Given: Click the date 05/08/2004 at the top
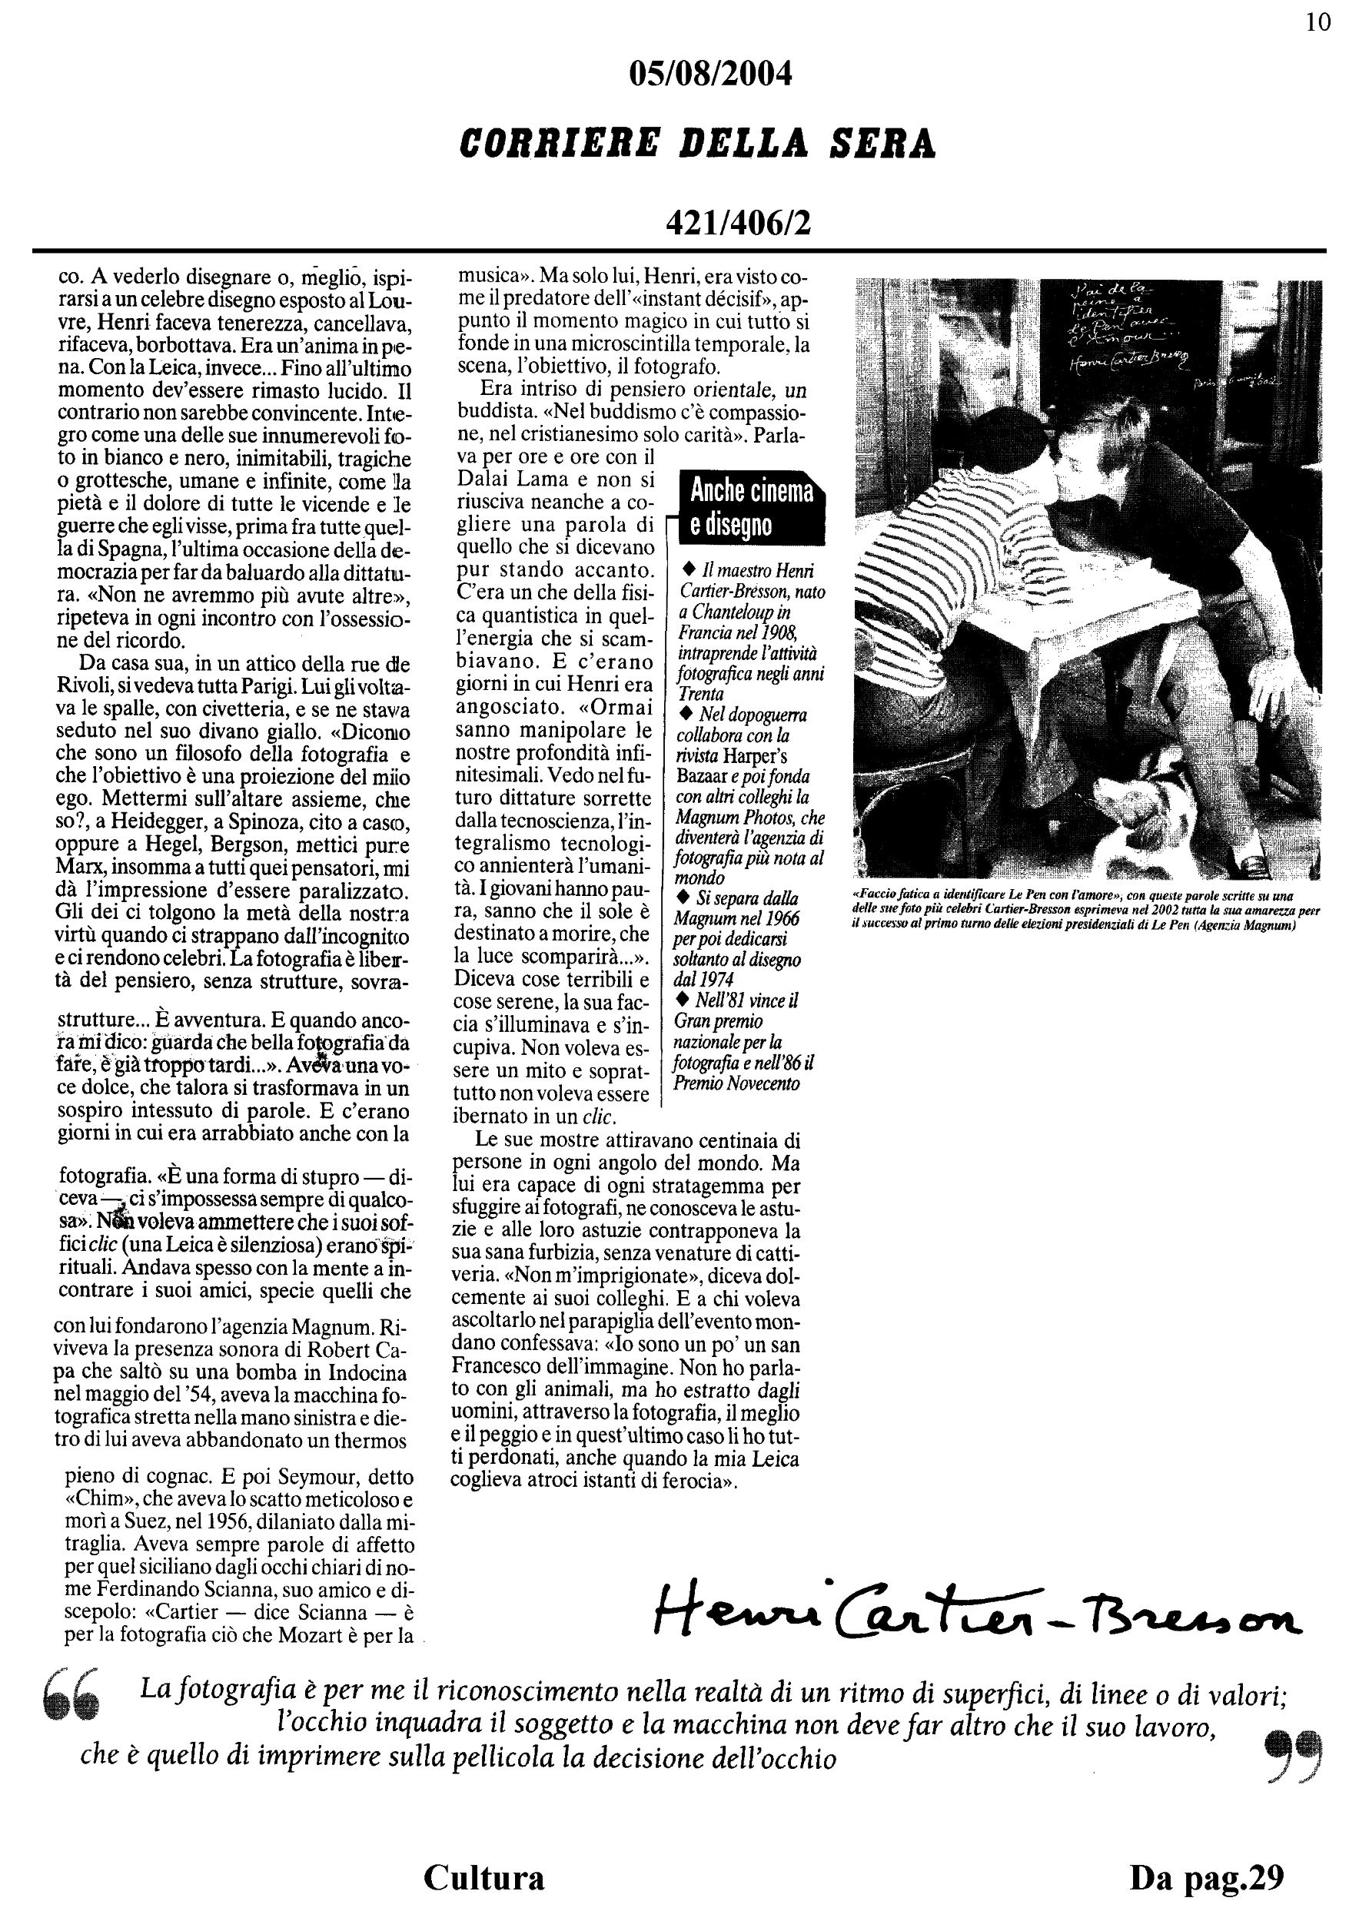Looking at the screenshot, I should pos(709,75).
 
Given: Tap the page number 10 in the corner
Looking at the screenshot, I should pos(1318,22).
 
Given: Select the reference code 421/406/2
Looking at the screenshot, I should pos(737,224).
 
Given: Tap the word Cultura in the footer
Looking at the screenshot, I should pos(483,1876).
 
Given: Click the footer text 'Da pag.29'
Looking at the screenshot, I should pos(1206,1876).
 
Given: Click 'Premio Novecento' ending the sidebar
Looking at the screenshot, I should pos(736,1084).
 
